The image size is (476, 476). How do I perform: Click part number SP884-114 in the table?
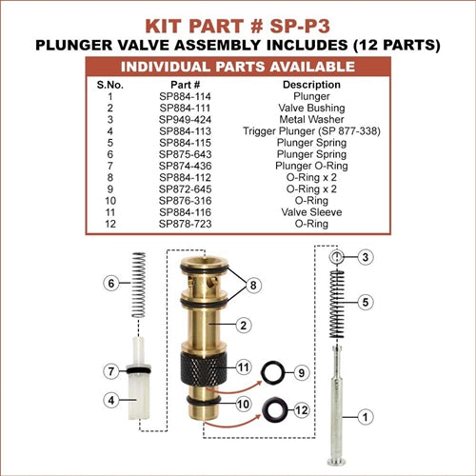tap(185, 96)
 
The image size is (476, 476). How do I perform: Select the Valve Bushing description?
tap(311, 108)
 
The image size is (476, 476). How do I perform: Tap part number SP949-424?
tap(185, 120)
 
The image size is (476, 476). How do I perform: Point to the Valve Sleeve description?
tap(311, 212)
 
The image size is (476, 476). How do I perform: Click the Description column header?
tap(311, 85)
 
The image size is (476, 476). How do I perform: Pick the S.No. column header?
tap(110, 85)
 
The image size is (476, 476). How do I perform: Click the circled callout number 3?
tap(366, 257)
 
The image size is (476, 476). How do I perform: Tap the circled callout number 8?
tap(253, 285)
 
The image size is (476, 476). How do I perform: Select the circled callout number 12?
tap(301, 410)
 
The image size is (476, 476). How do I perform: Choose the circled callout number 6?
tap(111, 283)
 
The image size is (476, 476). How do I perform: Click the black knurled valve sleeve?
tap(204, 367)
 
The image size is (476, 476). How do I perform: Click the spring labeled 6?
tap(139, 285)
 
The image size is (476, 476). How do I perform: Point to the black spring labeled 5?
tap(337, 305)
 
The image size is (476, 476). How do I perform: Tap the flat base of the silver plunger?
tap(336, 462)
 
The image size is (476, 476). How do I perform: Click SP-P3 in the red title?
tap(300, 26)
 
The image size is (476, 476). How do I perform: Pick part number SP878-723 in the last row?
tap(185, 224)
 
